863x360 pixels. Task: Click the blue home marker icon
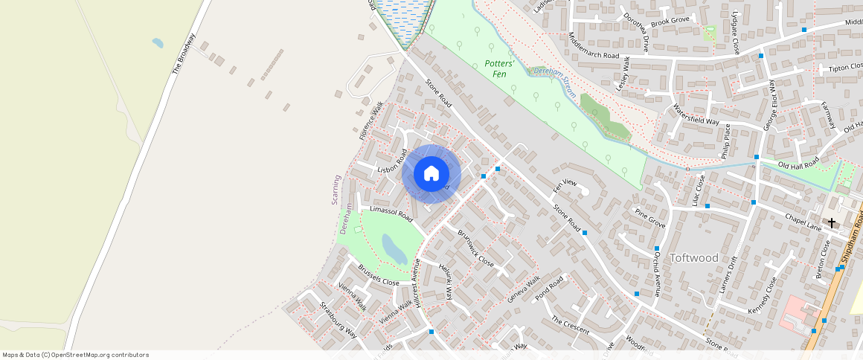pyautogui.click(x=431, y=174)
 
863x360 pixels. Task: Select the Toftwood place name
pyautogui.click(x=694, y=257)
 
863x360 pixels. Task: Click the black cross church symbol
pyautogui.click(x=831, y=222)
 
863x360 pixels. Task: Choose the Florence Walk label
pyautogui.click(x=370, y=120)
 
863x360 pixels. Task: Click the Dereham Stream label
pyautogui.click(x=551, y=73)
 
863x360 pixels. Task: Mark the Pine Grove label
pyautogui.click(x=649, y=218)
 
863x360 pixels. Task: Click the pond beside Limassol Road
pyautogui.click(x=394, y=249)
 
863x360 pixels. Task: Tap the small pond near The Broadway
pyautogui.click(x=158, y=43)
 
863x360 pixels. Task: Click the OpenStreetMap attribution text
pyautogui.click(x=76, y=355)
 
